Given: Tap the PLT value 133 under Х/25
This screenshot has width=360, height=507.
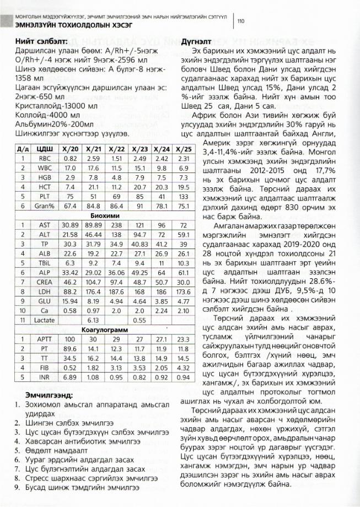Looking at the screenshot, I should click(x=184, y=196).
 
